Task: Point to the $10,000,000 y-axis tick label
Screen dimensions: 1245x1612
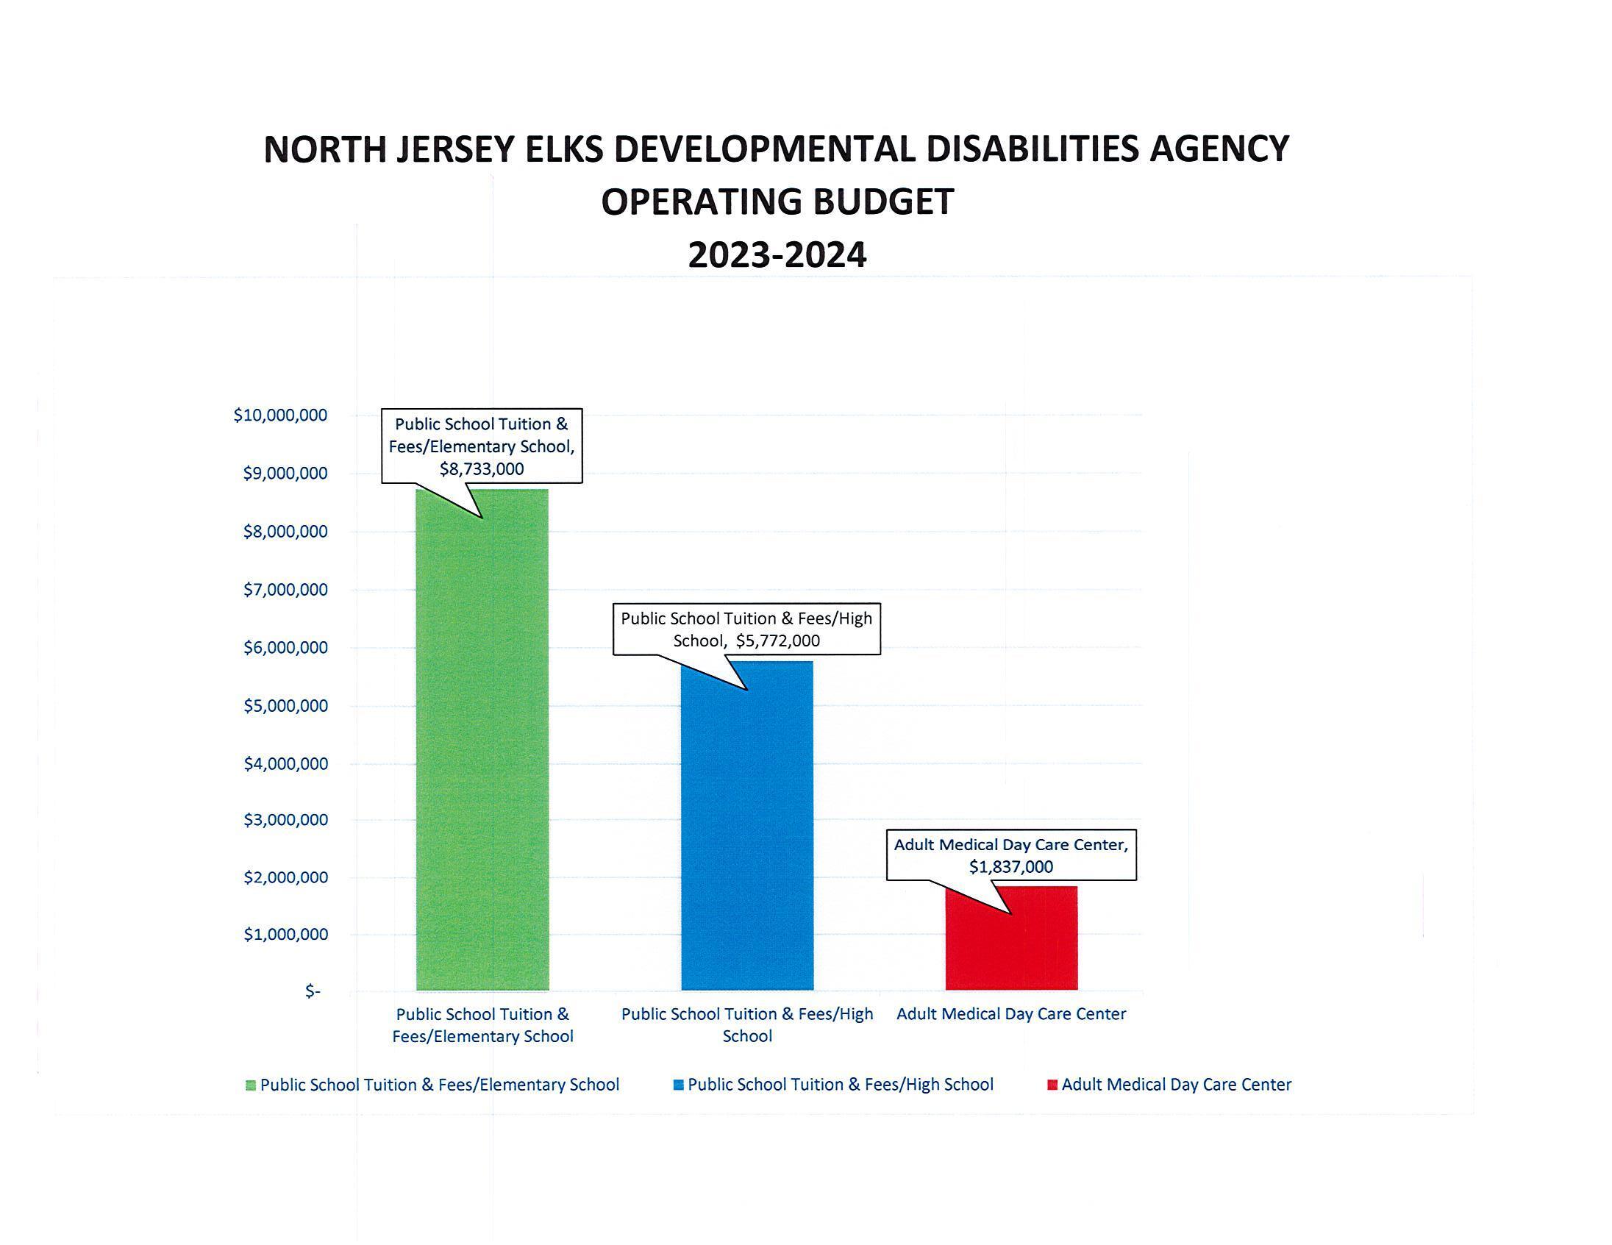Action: [x=280, y=415]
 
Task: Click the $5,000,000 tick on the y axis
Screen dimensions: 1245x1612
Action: [x=285, y=706]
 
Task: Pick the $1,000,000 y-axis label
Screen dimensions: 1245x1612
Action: [x=285, y=935]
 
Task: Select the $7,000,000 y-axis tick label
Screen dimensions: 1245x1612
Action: [x=285, y=590]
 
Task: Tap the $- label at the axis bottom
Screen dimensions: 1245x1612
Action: [x=313, y=991]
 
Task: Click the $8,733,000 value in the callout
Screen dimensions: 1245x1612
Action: [x=482, y=469]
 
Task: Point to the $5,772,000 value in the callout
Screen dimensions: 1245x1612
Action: [x=777, y=641]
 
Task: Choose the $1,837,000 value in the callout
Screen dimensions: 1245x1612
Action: [x=1011, y=867]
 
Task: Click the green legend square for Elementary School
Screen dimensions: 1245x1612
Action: [x=251, y=1085]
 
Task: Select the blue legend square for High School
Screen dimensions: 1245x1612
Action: [x=678, y=1085]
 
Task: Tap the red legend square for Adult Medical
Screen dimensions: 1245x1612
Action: [x=1052, y=1085]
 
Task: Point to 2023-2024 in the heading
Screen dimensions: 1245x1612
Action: [x=777, y=255]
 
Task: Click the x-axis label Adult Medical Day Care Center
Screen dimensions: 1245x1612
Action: [x=1011, y=1014]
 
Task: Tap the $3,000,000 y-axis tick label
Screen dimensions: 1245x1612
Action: [x=285, y=820]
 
